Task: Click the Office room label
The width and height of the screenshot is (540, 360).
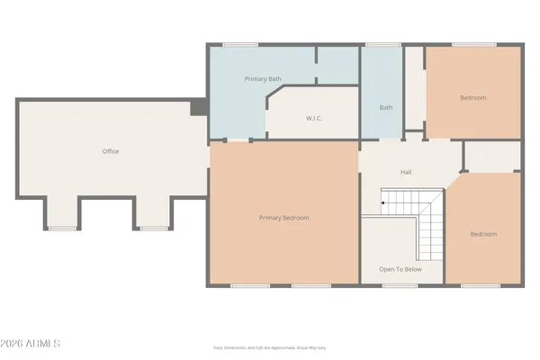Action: (110, 151)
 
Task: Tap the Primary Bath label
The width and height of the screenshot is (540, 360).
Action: (263, 79)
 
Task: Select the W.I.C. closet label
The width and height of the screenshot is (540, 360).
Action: (314, 118)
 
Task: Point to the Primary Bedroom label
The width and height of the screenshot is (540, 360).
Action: (283, 218)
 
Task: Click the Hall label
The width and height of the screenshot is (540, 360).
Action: (406, 171)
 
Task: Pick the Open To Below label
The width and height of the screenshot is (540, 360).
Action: (400, 269)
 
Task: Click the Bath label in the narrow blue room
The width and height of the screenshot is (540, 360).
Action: (386, 108)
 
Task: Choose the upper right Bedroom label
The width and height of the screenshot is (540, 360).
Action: (472, 97)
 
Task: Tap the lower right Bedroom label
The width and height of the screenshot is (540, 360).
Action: (483, 234)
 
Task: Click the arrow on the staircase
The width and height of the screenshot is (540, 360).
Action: (383, 204)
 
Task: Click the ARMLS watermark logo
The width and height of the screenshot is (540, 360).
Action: (31, 344)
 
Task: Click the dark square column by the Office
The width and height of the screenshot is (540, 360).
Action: (198, 108)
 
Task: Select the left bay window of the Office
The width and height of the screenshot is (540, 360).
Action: (62, 228)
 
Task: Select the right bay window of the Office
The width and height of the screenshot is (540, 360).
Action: (152, 228)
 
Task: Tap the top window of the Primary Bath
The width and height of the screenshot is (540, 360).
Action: (236, 45)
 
